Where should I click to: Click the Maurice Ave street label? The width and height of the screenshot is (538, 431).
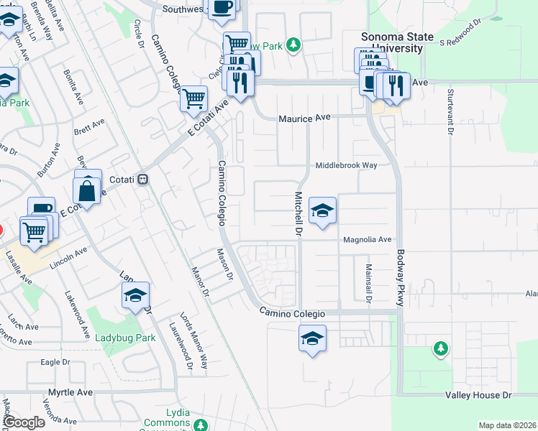(x=303, y=116)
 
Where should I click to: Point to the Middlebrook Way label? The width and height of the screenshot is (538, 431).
(x=347, y=165)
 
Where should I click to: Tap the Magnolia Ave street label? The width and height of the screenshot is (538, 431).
(x=367, y=239)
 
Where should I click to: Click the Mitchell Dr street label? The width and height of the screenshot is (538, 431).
(x=298, y=215)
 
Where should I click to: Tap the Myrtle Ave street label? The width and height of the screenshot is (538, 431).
(x=70, y=393)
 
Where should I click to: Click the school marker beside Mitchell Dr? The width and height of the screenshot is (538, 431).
(x=323, y=210)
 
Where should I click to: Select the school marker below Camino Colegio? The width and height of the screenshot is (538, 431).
(x=312, y=338)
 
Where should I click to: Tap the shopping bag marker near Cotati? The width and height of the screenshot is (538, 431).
(x=87, y=191)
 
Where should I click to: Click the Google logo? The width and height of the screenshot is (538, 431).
(x=24, y=422)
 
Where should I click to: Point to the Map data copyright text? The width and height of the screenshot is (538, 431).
(x=507, y=425)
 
